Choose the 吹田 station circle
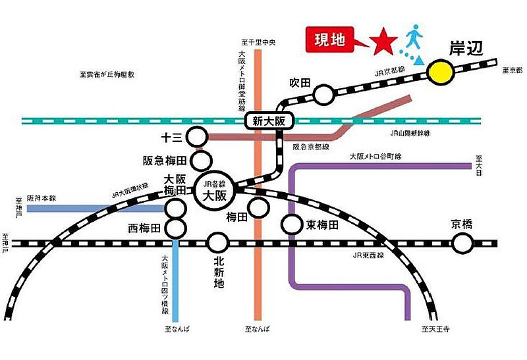click(x=323, y=95)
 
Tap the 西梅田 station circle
click(x=175, y=228)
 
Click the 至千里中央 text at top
click(x=260, y=42)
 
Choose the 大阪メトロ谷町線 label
click(x=376, y=156)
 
